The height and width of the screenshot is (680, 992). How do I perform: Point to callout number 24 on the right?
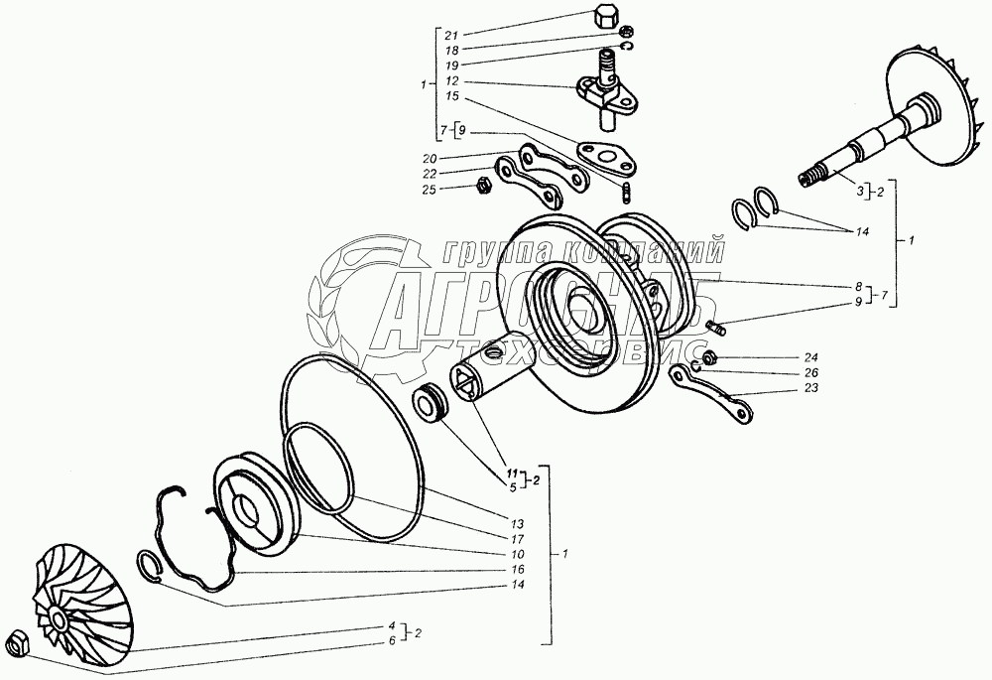pos(810,356)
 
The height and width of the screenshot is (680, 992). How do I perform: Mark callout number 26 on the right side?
pos(810,373)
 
